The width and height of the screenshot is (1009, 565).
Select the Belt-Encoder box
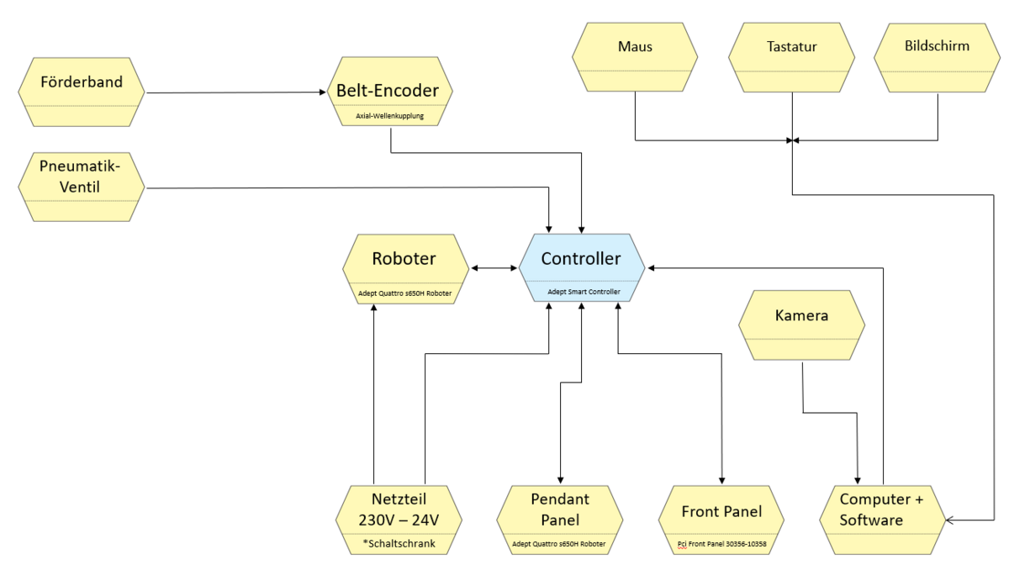389,91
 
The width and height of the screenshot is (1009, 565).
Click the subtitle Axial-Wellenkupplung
389,114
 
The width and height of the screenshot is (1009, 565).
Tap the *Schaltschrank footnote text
398,543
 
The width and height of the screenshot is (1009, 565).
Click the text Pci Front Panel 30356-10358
721,543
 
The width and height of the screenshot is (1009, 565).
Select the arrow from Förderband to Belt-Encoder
235,92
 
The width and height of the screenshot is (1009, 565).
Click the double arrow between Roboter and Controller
494,268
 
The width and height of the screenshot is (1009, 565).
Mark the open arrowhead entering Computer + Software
948,521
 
